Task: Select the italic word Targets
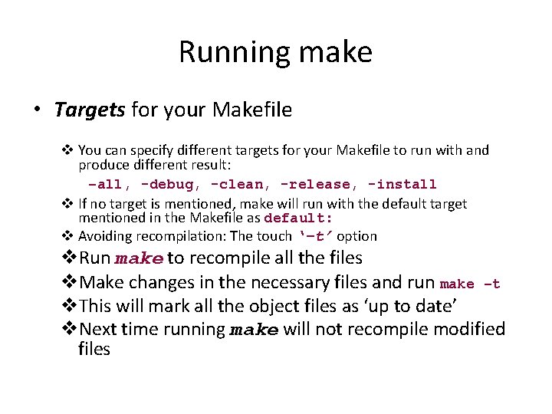[89, 110]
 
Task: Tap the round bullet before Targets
[38, 110]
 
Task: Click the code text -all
[106, 184]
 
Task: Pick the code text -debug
[169, 184]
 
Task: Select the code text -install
[402, 184]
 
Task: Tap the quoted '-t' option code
[314, 236]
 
